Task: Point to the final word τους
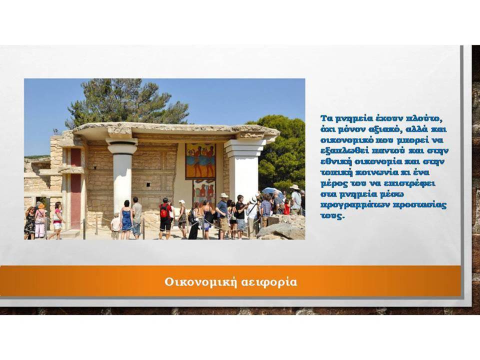coord(332,216)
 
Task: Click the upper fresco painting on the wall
coord(200,161)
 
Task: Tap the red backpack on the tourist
coord(164,212)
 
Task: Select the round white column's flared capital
coord(122,146)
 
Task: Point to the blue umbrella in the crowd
coord(272,192)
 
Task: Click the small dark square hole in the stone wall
coord(148,184)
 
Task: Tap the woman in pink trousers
coord(40,220)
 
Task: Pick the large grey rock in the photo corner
coord(281,228)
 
